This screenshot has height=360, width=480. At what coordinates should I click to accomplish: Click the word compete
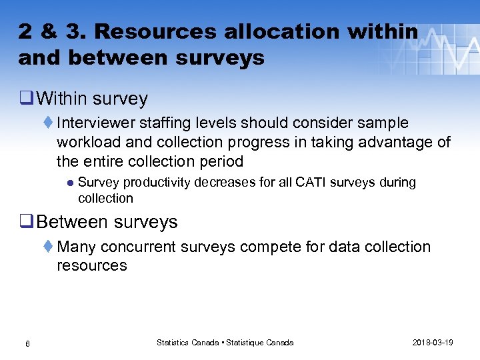(x=271, y=247)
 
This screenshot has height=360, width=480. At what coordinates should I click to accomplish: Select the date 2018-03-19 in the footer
(x=433, y=343)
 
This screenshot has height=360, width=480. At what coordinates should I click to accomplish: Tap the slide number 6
(x=27, y=343)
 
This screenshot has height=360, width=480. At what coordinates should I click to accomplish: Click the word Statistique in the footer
(x=246, y=343)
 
